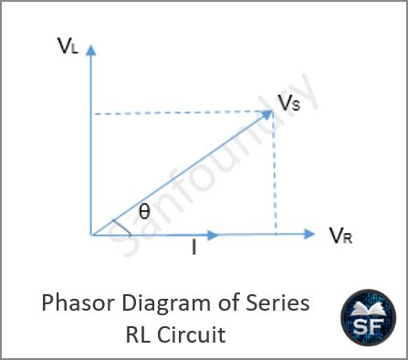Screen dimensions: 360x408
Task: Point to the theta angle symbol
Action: (144, 212)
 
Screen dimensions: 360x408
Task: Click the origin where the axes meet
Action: (91, 235)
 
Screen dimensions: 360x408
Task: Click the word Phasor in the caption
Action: (72, 304)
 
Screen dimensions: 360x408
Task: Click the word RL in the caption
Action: (139, 334)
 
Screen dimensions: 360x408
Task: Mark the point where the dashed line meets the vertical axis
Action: (91, 113)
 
